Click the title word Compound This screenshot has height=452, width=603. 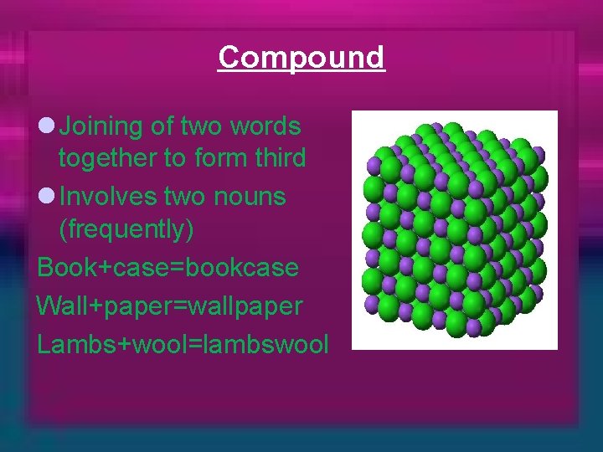(x=301, y=57)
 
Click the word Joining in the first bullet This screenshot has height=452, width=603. (x=102, y=126)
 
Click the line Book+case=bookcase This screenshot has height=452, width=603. (x=167, y=268)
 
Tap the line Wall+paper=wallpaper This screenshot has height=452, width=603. (x=169, y=306)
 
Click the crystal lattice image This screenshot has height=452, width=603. (x=454, y=229)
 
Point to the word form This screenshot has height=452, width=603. (x=217, y=158)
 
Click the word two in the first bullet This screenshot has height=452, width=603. (x=202, y=126)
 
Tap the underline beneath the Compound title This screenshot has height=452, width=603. (x=301, y=72)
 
